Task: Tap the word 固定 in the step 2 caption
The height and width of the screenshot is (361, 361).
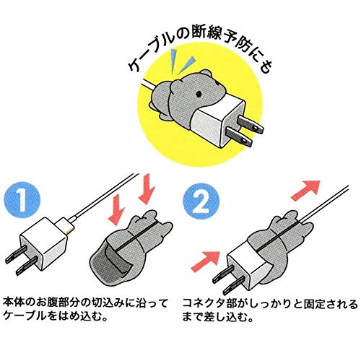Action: pyautogui.click(x=310, y=300)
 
